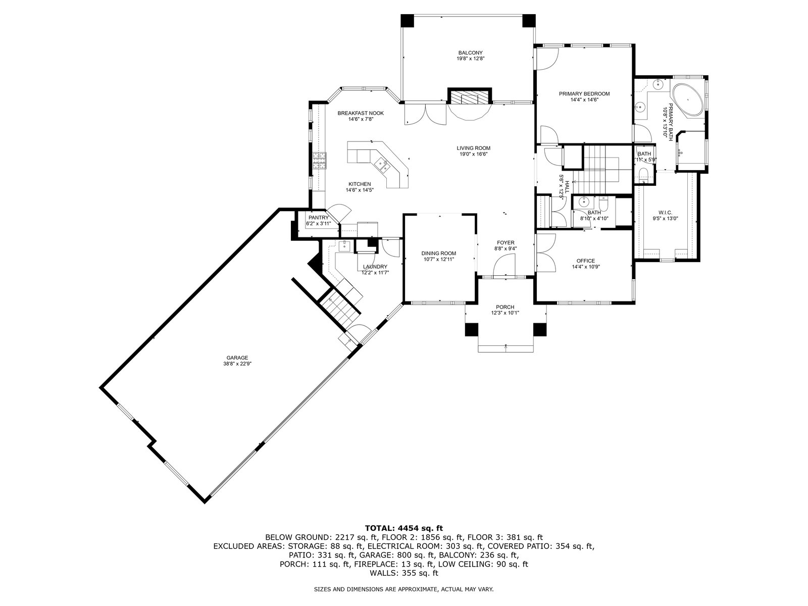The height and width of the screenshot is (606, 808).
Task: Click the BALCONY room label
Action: point(470,53)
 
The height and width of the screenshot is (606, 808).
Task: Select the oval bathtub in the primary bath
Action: point(687,100)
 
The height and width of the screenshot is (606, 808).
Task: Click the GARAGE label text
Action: point(237,358)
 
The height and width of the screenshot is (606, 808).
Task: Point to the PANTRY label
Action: point(319,218)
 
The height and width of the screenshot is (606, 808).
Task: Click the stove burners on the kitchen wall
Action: point(62,161)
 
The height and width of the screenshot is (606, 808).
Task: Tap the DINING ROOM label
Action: point(438,253)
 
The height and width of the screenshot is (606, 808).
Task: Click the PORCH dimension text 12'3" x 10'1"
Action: point(505,313)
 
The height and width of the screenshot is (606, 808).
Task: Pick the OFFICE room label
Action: point(586,261)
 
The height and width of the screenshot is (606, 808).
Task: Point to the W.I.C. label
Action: point(665,213)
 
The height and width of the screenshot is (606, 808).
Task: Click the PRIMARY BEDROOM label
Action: point(584,94)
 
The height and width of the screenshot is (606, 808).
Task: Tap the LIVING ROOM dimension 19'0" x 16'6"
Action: point(473,154)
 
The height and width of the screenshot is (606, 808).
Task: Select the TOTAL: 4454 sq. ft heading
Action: point(404,529)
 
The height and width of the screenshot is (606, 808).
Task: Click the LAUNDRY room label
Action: point(375,267)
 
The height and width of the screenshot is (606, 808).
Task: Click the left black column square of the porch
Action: point(471,330)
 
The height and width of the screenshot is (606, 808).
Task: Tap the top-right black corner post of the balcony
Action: point(529,21)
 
